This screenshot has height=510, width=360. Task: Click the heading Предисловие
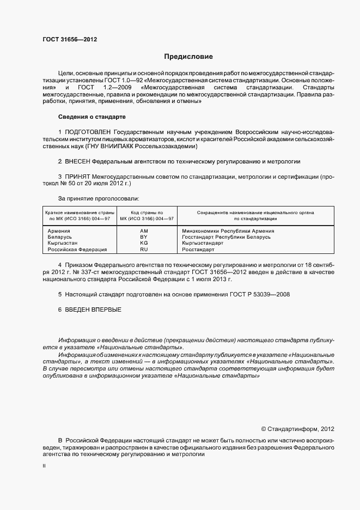tap(188, 57)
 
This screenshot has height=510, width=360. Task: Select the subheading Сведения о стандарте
tap(91, 117)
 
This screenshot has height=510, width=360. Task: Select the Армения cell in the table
tap(58, 231)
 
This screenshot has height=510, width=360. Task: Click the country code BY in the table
tap(144, 237)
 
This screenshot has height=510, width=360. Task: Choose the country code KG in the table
tap(144, 243)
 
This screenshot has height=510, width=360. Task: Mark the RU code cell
tap(144, 249)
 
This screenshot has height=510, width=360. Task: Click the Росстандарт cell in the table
tap(198, 249)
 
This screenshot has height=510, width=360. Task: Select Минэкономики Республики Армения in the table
tap(228, 231)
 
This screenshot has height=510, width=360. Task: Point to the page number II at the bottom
tap(44, 466)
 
